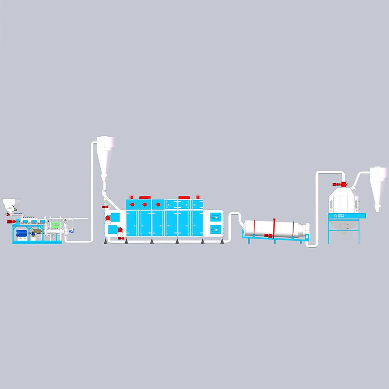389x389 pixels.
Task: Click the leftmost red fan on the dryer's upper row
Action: (x=132, y=204)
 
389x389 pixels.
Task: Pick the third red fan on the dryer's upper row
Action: (x=158, y=204)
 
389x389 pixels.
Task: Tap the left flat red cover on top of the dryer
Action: (x=145, y=197)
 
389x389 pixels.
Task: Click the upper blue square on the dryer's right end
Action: (x=216, y=217)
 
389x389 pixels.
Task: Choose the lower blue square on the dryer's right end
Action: (x=216, y=229)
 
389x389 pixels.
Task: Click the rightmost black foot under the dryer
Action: (x=222, y=242)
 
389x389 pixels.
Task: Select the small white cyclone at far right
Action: (x=378, y=187)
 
